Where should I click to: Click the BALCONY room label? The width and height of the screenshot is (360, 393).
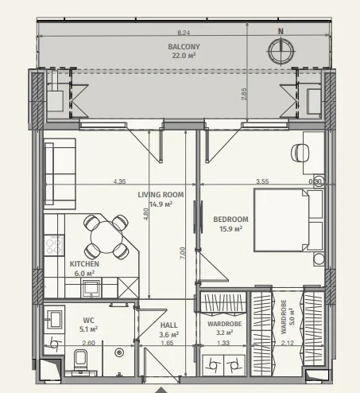184,47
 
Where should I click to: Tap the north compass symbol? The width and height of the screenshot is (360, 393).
281,51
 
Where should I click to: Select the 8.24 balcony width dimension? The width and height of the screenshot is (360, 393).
184,33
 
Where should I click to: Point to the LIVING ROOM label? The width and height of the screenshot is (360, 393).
161,195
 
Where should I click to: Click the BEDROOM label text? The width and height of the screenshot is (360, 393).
230,220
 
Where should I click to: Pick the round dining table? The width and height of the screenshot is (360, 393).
106,237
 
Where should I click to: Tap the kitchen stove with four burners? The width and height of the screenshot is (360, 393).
54,246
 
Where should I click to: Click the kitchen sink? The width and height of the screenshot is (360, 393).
91,287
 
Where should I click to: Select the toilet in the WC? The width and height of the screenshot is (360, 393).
81,360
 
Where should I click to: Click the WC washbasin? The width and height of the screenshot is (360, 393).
55,317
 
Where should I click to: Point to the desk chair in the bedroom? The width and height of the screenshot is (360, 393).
300,153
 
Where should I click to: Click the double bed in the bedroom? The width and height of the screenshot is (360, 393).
288,220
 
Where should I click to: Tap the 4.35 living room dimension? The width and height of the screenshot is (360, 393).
119,181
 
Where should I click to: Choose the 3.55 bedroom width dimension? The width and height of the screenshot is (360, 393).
262,181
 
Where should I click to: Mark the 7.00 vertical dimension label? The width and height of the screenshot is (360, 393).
183,253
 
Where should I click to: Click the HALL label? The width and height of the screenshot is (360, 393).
169,325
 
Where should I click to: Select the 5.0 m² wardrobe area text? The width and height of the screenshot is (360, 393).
291,317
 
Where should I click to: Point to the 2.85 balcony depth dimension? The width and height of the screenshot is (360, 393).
244,94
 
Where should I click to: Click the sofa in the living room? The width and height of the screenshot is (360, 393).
60,173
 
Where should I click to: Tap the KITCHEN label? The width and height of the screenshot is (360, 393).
84,264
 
